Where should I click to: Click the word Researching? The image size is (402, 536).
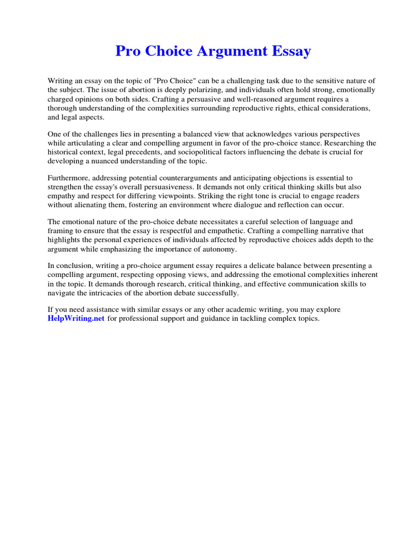[x=350, y=143]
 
